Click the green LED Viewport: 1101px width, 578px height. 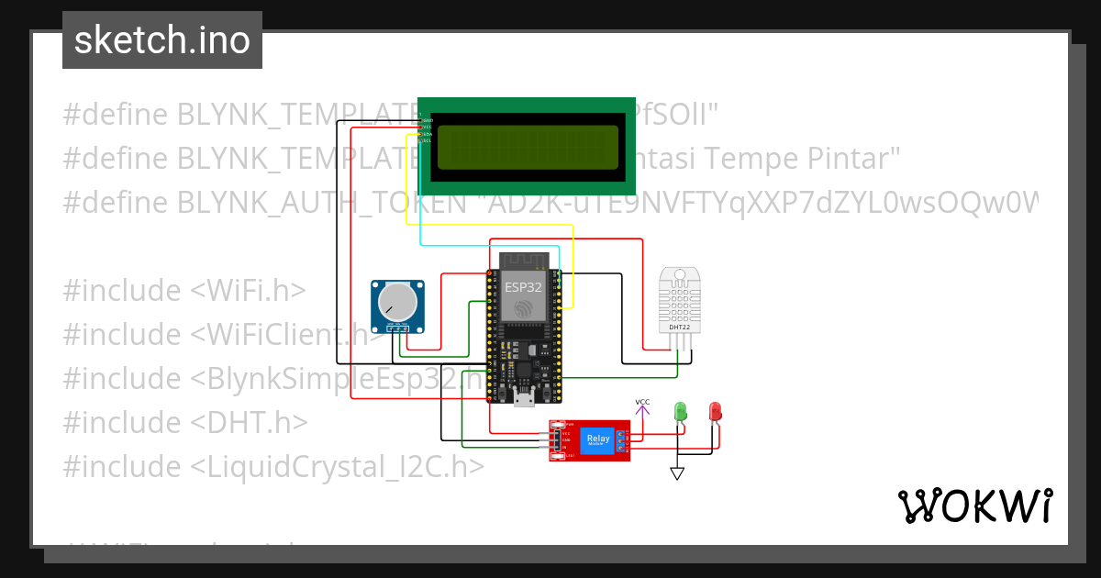680,411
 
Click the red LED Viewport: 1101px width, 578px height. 715,411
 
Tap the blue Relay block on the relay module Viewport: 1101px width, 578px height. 598,439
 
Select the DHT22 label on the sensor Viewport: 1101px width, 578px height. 680,327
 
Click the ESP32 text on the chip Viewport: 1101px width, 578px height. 523,286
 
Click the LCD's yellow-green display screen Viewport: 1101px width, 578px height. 528,147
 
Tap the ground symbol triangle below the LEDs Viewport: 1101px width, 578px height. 677,473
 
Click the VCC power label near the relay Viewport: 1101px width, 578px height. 643,402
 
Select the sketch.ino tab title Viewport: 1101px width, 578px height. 161,40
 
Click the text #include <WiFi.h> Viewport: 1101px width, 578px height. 183,291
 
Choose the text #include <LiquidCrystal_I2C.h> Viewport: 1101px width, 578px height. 272,467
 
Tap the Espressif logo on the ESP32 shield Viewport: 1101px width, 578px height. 523,307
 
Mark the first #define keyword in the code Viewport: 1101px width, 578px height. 116,115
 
